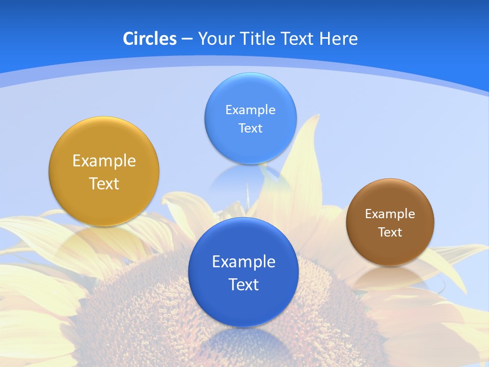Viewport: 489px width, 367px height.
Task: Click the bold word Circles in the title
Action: click(x=149, y=39)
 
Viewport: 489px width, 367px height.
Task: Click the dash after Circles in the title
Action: click(x=187, y=39)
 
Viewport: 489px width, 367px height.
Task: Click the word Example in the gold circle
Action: click(x=104, y=161)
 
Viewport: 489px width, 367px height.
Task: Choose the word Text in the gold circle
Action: click(x=104, y=183)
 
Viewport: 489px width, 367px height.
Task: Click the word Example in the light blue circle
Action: click(x=250, y=110)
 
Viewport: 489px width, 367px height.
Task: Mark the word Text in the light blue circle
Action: click(x=250, y=128)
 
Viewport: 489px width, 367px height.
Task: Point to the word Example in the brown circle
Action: click(x=390, y=214)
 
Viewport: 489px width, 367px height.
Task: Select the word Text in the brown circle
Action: click(x=390, y=232)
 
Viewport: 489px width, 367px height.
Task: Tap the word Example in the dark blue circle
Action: click(x=243, y=262)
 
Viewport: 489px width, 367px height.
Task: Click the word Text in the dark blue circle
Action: click(x=243, y=284)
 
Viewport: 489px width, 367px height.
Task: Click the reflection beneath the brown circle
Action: click(x=390, y=278)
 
